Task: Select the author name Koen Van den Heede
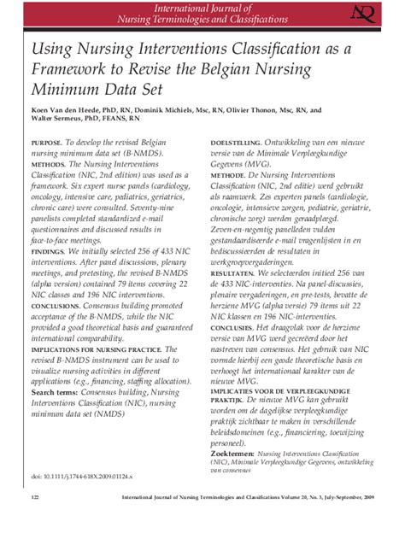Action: tap(75, 109)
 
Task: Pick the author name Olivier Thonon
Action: tap(254, 109)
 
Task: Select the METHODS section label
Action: tap(48, 161)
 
